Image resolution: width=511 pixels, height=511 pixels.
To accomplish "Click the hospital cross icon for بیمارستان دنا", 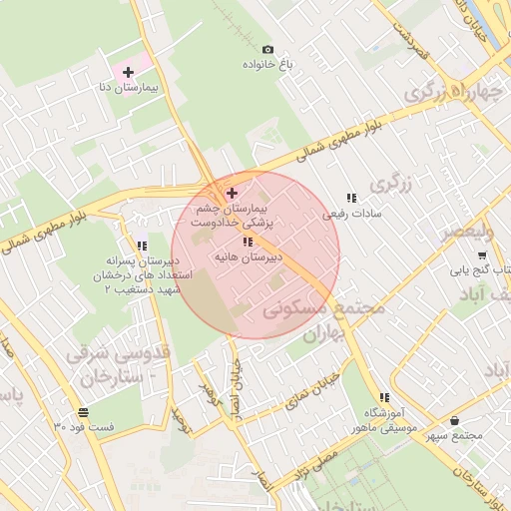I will (129, 72).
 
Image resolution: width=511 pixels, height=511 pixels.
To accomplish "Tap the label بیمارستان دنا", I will (129, 88).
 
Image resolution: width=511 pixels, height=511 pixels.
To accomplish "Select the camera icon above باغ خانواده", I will (267, 49).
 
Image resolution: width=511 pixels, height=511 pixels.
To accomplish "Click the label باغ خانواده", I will (268, 64).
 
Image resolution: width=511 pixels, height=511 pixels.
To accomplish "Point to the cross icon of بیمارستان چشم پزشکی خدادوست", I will (233, 193).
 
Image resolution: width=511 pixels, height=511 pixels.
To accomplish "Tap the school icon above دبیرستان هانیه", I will (248, 242).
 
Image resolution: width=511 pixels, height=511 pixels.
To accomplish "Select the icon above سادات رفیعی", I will (350, 198).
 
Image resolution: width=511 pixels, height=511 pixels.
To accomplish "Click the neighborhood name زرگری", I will (389, 185).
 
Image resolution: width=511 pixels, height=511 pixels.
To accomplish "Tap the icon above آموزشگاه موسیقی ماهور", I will (384, 398).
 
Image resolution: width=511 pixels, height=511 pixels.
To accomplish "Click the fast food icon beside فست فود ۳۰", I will (82, 412).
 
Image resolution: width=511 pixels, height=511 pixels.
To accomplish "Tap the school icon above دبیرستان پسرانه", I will (142, 245).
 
